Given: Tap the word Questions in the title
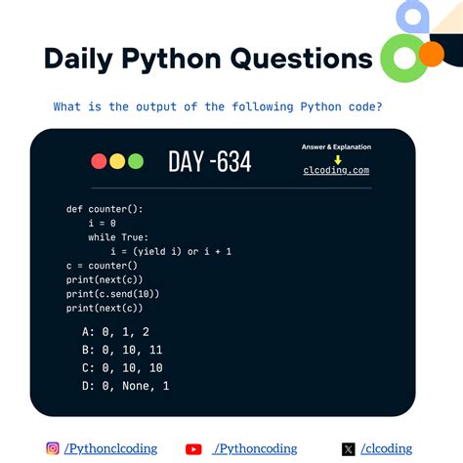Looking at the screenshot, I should coord(303,58).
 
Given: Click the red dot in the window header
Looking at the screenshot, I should coord(99,161).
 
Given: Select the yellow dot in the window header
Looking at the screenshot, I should coord(117,161).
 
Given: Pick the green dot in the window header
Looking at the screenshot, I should coord(136,161).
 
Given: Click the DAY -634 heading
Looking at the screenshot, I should coord(209,161).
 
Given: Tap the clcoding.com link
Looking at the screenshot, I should coord(336,170).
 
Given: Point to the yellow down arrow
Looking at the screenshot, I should coord(337,158).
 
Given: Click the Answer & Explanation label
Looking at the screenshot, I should coord(336,147).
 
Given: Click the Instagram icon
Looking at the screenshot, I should coord(53,448).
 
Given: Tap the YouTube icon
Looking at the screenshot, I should coord(193,449).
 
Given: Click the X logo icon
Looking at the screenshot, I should coord(349,449).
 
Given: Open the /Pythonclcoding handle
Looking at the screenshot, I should coord(111,448).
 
